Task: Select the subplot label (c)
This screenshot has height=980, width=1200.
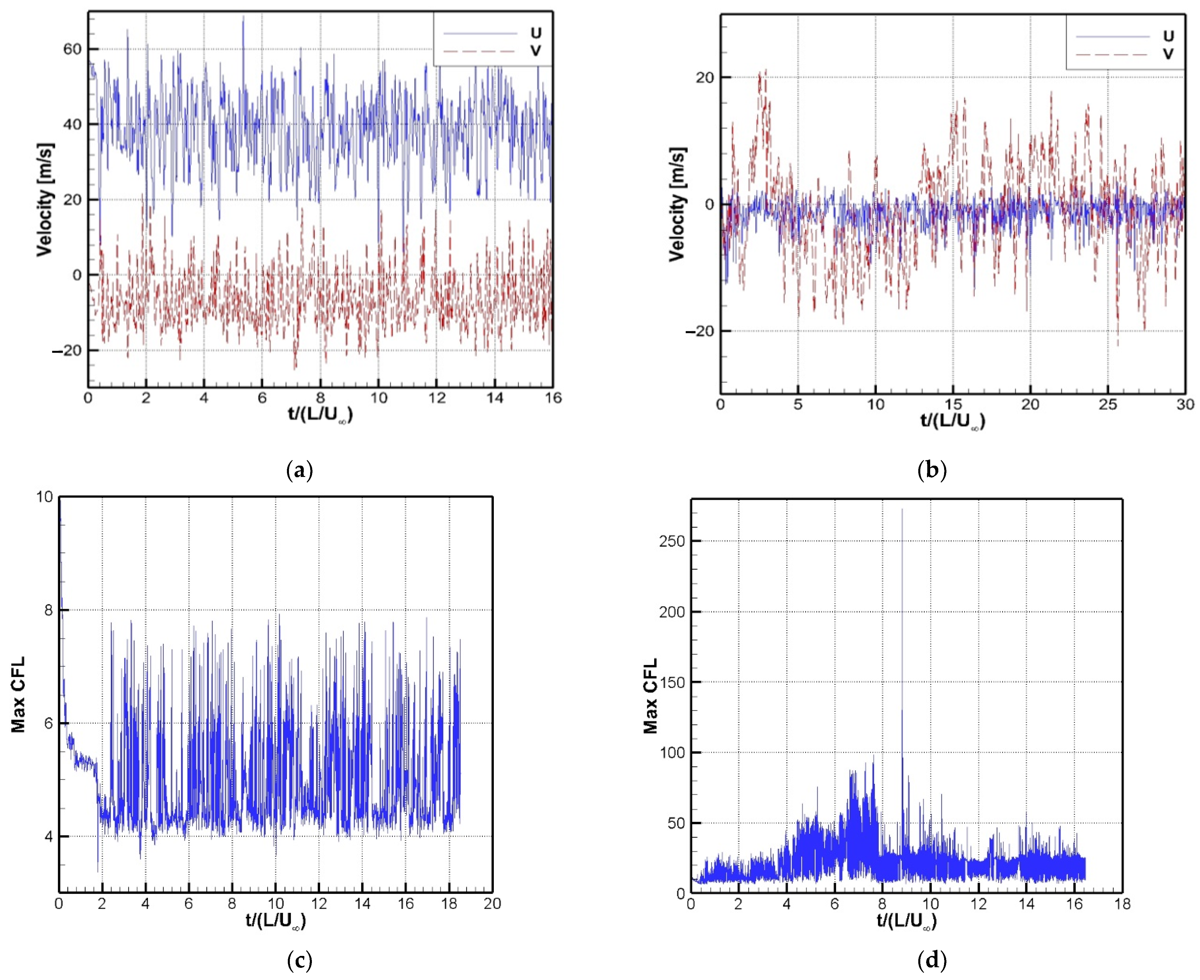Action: click(x=300, y=960)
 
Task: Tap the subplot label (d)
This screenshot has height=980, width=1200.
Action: click(x=932, y=960)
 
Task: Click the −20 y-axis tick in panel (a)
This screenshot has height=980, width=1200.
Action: click(x=66, y=351)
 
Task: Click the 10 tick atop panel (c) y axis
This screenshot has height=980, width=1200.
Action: click(x=45, y=497)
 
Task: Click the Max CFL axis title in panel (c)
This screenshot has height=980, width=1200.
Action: click(x=19, y=694)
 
